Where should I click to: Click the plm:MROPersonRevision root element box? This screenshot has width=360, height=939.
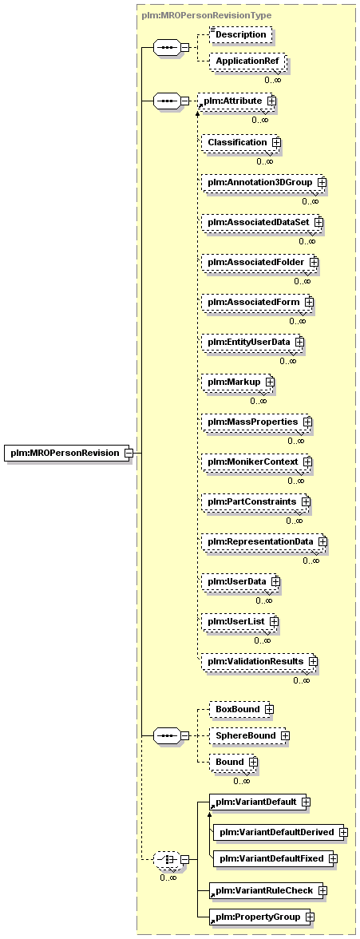click(x=69, y=453)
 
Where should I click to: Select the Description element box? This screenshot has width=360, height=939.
click(x=240, y=35)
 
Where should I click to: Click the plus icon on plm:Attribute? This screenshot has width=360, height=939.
click(x=272, y=101)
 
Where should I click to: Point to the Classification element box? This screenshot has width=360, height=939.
click(x=241, y=142)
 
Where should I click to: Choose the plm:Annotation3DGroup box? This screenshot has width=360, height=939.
click(x=263, y=181)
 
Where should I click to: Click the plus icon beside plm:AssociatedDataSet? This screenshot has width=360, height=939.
click(x=318, y=222)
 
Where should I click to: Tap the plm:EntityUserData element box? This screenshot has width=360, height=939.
click(x=253, y=342)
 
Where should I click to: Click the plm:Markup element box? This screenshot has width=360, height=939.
click(x=238, y=382)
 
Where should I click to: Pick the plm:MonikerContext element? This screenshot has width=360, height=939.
click(x=257, y=462)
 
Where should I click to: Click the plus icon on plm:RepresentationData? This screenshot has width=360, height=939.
click(x=322, y=541)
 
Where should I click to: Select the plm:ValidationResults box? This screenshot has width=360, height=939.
click(x=259, y=661)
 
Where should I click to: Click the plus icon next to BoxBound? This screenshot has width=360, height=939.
click(x=270, y=709)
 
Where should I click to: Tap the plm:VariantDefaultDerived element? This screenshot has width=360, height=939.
click(x=281, y=832)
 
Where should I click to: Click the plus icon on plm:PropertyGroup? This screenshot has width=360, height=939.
click(x=310, y=917)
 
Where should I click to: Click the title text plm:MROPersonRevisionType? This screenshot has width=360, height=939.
click(x=207, y=16)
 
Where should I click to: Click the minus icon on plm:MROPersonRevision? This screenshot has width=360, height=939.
click(x=129, y=453)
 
